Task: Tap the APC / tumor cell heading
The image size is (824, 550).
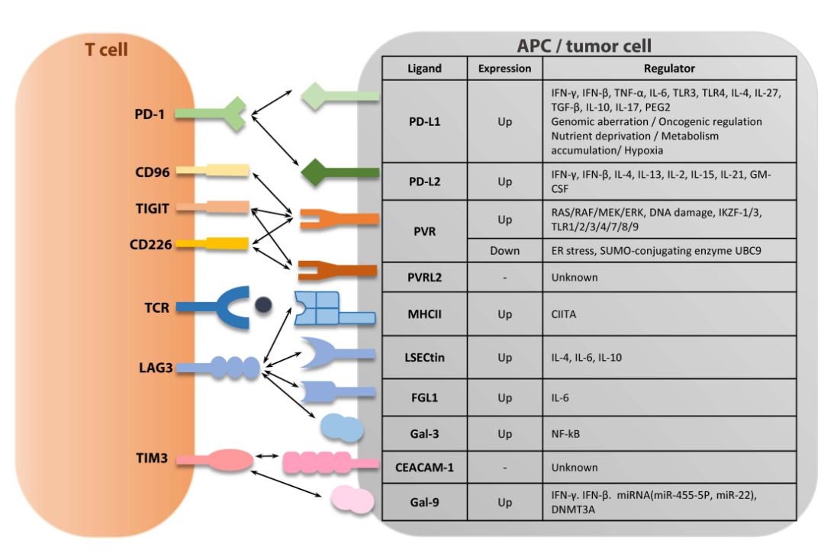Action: (584, 46)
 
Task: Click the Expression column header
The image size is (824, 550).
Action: (504, 69)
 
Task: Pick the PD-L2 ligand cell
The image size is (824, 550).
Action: (424, 182)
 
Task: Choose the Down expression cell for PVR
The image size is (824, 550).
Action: (504, 250)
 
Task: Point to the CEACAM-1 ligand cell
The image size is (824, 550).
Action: (424, 467)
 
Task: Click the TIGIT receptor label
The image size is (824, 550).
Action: (152, 207)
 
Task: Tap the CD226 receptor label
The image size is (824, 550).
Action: (150, 244)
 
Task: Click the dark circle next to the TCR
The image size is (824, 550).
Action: (263, 305)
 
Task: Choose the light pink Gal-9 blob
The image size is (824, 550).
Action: (352, 500)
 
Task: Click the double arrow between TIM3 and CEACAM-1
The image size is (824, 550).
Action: (267, 456)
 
